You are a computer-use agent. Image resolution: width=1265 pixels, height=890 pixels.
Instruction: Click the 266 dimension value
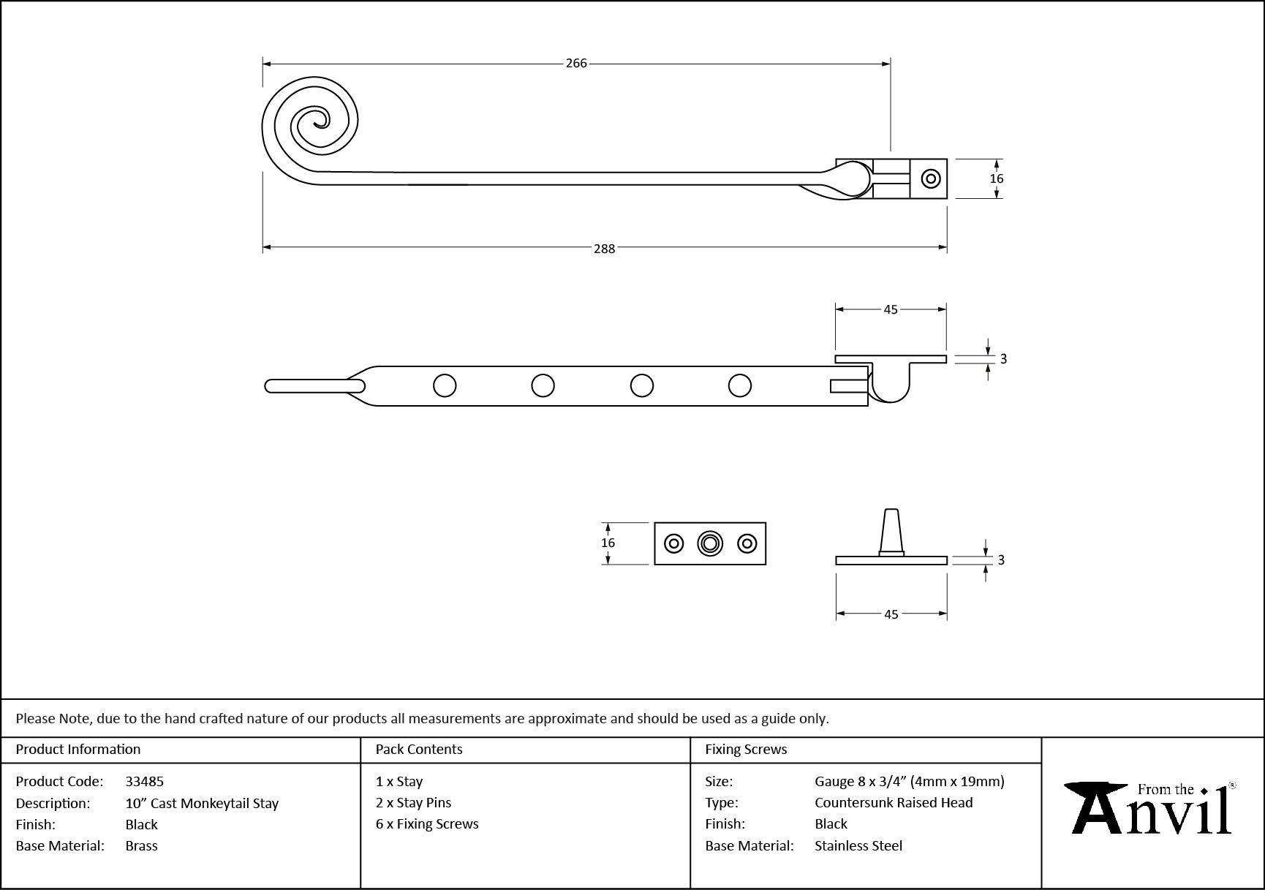pyautogui.click(x=576, y=64)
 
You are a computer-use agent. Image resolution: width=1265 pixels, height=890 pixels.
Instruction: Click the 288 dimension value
pyautogui.click(x=604, y=249)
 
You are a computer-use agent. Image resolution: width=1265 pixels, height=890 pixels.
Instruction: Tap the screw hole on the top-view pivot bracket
pyautogui.click(x=931, y=178)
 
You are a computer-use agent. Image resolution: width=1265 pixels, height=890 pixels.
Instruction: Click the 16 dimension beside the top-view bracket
pyautogui.click(x=996, y=178)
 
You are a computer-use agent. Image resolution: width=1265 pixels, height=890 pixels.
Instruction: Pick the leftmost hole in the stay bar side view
pyautogui.click(x=445, y=385)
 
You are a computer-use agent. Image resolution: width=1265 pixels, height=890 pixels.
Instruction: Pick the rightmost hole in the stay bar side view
pyautogui.click(x=740, y=385)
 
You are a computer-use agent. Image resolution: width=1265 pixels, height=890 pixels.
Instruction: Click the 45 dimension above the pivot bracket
pyautogui.click(x=890, y=309)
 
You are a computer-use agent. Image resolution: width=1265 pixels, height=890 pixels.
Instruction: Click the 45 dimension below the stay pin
pyautogui.click(x=891, y=614)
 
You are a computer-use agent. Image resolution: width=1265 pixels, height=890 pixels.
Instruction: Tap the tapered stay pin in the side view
pyautogui.click(x=891, y=532)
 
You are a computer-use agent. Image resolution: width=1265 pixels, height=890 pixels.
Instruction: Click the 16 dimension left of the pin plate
pyautogui.click(x=608, y=543)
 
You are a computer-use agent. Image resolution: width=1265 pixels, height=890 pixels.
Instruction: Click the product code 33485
pyautogui.click(x=145, y=781)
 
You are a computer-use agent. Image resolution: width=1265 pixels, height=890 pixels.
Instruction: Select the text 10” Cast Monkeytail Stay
pyautogui.click(x=202, y=803)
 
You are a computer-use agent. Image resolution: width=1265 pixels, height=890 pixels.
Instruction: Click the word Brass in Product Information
pyautogui.click(x=141, y=845)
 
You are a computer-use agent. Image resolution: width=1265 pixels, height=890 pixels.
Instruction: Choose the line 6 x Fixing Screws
pyautogui.click(x=427, y=823)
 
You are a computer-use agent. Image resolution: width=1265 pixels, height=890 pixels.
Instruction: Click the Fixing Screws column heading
pyautogui.click(x=746, y=749)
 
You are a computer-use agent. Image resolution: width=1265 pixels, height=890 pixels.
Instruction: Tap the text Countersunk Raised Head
pyautogui.click(x=894, y=802)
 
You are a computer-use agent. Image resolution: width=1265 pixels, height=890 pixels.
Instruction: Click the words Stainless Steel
pyautogui.click(x=858, y=845)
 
